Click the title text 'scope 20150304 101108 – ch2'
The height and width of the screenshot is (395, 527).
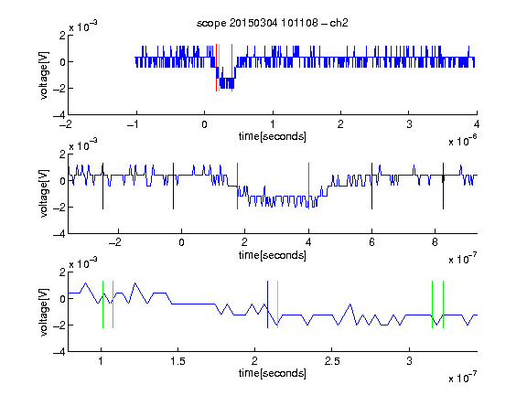tap(273, 23)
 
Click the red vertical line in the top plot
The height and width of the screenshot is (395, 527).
tap(217, 68)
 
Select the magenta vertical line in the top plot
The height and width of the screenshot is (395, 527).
tap(231, 68)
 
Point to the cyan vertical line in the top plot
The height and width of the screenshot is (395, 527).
tap(220, 68)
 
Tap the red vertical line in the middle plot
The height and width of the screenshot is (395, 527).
tap(237, 187)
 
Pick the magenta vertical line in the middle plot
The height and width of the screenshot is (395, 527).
tap(308, 187)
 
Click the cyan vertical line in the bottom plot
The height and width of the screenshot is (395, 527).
tap(277, 304)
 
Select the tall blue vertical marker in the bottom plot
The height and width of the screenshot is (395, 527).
tap(267, 304)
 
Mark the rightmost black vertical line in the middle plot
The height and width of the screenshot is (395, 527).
tap(444, 187)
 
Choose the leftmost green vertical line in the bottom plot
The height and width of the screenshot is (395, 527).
tap(102, 304)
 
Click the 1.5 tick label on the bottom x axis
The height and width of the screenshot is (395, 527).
tap(177, 361)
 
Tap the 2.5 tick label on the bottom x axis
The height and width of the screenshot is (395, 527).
tap(332, 361)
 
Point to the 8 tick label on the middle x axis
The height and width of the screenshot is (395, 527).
tap(435, 242)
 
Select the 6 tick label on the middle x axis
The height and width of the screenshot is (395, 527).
tap(371, 242)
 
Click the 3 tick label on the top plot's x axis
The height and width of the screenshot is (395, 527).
tap(409, 124)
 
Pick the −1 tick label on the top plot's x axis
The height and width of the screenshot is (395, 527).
tap(134, 124)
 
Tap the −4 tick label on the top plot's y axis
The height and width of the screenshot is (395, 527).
tap(59, 115)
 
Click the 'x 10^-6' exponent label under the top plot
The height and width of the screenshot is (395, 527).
tap(463, 141)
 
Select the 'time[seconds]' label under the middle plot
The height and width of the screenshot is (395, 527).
tap(273, 255)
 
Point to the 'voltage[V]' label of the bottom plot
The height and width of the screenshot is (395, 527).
tap(44, 312)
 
